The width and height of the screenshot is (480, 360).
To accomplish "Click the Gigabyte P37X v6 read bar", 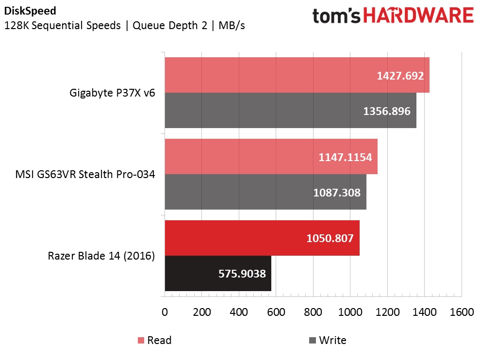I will [x=272, y=75].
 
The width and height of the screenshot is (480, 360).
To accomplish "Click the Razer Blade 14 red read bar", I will [x=233, y=238].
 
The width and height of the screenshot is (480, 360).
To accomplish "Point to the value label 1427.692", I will [x=400, y=76].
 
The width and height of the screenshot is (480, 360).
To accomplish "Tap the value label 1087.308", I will [x=337, y=193].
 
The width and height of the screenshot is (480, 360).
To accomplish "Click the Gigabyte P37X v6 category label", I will [x=113, y=93].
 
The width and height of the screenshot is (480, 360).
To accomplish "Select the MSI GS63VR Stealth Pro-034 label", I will [x=85, y=175].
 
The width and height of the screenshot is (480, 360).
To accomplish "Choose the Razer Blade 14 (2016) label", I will [x=101, y=256].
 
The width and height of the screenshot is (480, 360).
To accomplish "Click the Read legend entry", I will [x=155, y=340].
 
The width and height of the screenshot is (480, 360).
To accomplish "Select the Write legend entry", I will [x=328, y=340].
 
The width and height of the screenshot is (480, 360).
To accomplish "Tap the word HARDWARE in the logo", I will [x=418, y=16].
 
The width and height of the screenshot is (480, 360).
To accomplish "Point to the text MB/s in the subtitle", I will [x=232, y=25].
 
